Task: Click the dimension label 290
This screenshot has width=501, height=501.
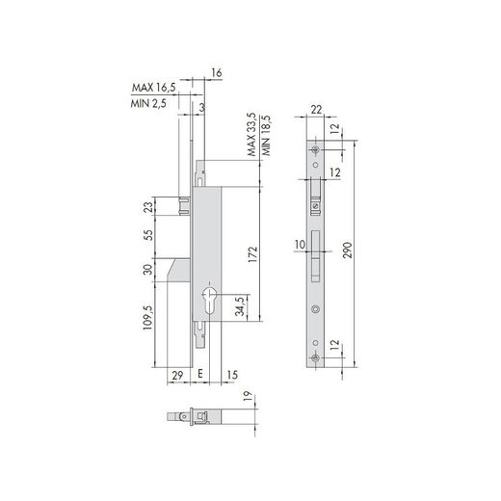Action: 348,250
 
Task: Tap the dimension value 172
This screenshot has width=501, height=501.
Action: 253,254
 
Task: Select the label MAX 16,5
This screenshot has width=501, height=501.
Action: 154,88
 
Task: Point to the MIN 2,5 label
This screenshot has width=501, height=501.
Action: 148,104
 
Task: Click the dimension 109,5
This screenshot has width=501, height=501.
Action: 147,318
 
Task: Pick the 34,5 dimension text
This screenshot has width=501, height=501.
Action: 240,306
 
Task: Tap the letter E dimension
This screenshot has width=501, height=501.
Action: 199,373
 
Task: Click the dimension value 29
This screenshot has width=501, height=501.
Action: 177,375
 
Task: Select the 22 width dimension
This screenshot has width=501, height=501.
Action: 316,110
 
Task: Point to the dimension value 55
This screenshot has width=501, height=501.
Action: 147,235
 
